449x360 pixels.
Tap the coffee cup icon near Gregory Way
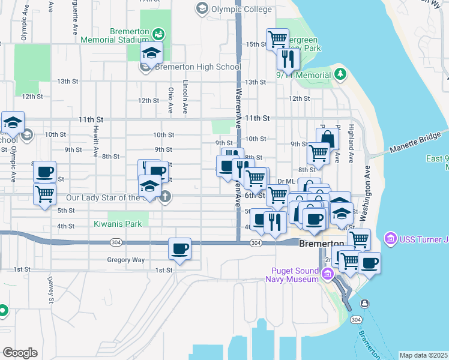coord(179,248)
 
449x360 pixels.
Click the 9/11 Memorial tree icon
coord(341,74)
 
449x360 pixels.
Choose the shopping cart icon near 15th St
coord(277,40)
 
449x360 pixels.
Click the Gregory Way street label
coord(126,260)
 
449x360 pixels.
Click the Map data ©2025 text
coord(423,355)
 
